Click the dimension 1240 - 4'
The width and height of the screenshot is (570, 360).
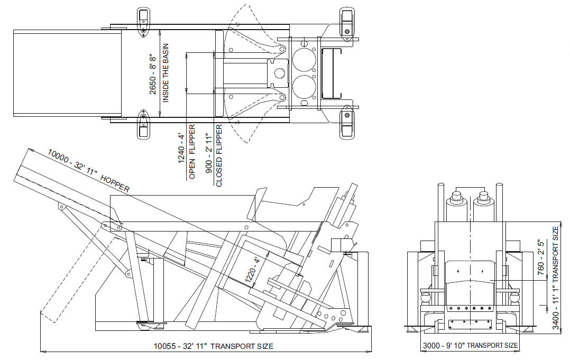pos(181,149)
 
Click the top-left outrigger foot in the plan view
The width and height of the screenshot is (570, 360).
pos(143,22)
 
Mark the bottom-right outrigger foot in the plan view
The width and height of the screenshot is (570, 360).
pos(347,123)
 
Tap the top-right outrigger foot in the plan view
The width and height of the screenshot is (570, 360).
pos(347,22)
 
